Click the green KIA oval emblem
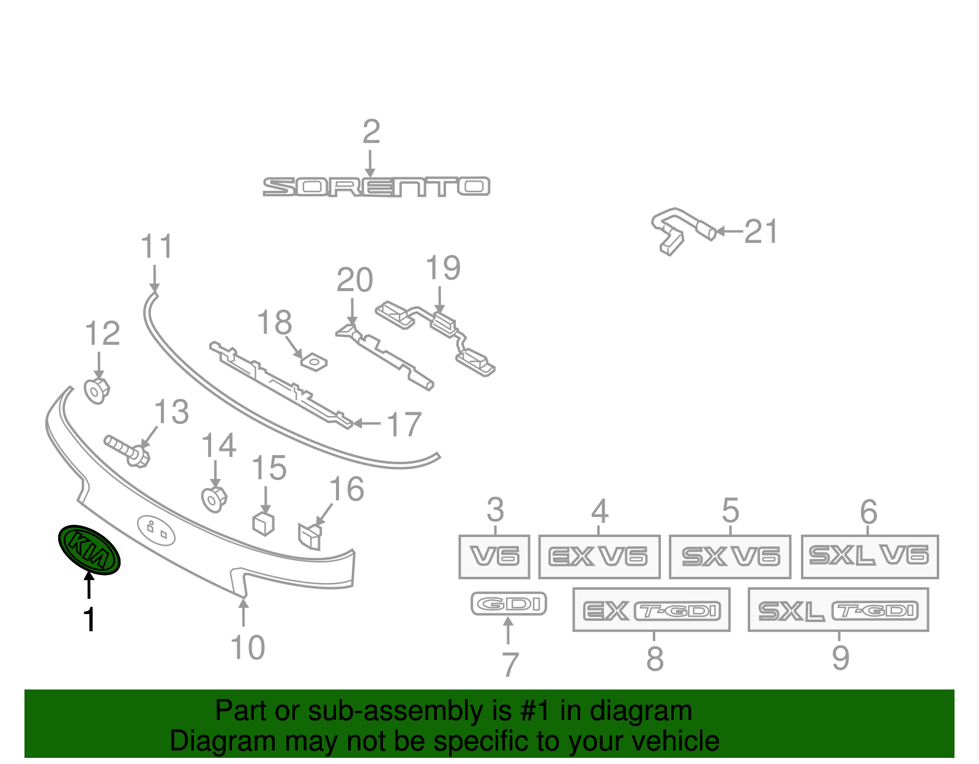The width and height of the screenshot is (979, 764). tap(89, 550)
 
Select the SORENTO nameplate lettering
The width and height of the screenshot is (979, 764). tap(376, 187)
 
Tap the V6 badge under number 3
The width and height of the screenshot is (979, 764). tap(494, 557)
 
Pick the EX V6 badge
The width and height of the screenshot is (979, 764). tap(599, 557)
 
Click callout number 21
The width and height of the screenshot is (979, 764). tap(761, 232)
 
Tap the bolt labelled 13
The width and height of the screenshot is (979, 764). tap(127, 451)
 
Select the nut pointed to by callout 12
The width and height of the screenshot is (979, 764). tap(97, 391)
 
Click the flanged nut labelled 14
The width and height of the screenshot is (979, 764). tap(214, 499)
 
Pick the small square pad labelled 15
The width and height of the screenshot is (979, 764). tap(264, 524)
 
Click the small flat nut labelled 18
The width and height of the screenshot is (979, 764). tap(313, 362)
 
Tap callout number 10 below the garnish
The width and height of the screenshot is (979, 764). tap(247, 647)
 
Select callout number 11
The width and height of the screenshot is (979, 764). tap(157, 247)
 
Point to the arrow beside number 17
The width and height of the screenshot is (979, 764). tap(367, 423)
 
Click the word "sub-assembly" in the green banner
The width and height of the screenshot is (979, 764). tap(410, 711)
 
